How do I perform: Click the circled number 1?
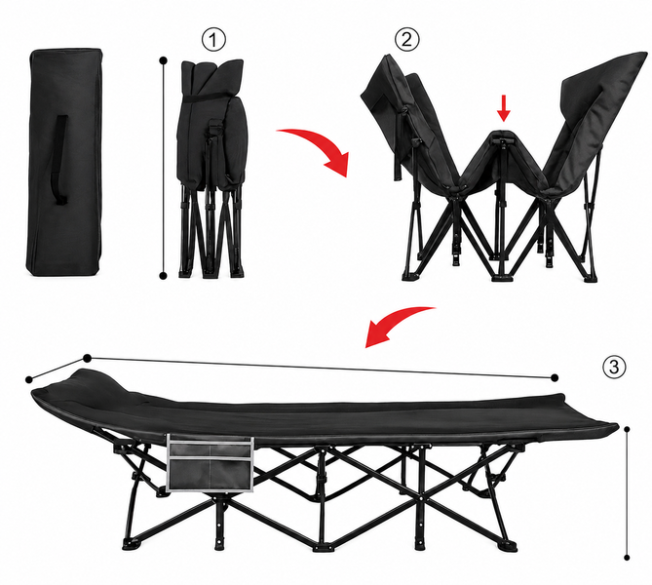(x=213, y=40)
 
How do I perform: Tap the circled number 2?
(x=407, y=39)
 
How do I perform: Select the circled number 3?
(x=614, y=367)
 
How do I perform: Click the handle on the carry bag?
(x=60, y=160)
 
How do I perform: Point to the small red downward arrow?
(x=504, y=108)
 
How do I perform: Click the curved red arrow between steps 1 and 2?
(x=321, y=145)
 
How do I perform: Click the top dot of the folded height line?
(x=164, y=60)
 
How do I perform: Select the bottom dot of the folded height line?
(x=164, y=276)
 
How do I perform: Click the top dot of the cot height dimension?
(x=627, y=429)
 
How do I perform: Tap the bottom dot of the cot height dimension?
(x=627, y=558)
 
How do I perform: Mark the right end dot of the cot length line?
(x=555, y=377)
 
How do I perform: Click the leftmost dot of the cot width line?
(x=29, y=379)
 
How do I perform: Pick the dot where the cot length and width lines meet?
(x=88, y=358)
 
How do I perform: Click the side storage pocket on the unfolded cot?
(x=210, y=463)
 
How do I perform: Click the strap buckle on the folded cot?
(x=214, y=125)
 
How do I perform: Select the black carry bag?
(x=64, y=162)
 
